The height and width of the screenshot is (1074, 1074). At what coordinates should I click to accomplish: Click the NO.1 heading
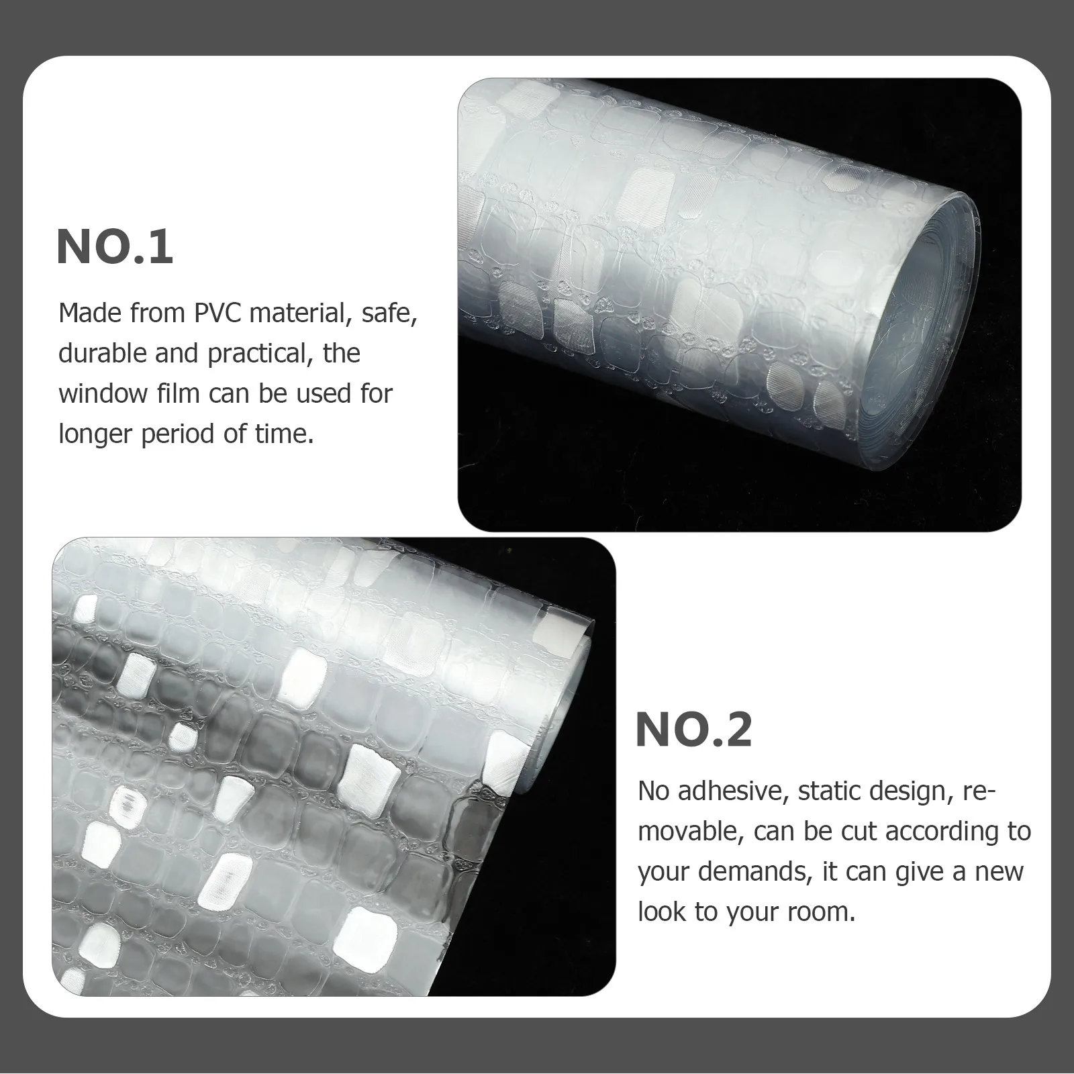tap(115, 247)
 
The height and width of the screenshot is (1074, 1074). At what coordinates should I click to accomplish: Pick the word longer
tap(95, 435)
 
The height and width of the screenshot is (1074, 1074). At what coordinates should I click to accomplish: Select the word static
tap(828, 791)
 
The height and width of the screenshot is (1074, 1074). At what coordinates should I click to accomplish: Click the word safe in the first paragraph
tap(389, 314)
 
